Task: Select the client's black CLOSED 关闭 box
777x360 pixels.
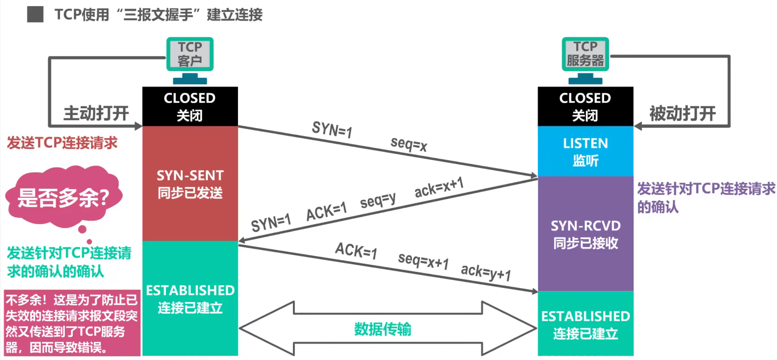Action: point(190,106)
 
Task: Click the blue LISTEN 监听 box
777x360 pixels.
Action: point(585,151)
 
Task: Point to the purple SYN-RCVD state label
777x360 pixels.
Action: point(585,234)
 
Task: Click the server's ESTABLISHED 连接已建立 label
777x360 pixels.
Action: point(585,325)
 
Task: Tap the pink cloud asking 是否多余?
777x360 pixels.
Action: point(63,198)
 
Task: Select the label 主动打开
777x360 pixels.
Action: point(96,113)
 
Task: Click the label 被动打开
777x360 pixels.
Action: point(682,113)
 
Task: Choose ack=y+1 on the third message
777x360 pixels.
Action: point(486,272)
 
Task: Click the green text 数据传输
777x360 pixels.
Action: point(382,329)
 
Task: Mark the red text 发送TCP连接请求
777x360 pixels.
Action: point(62,143)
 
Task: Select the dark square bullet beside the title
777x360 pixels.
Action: point(35,15)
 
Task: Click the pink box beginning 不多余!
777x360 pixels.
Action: point(72,323)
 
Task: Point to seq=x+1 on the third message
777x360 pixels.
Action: point(423,260)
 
